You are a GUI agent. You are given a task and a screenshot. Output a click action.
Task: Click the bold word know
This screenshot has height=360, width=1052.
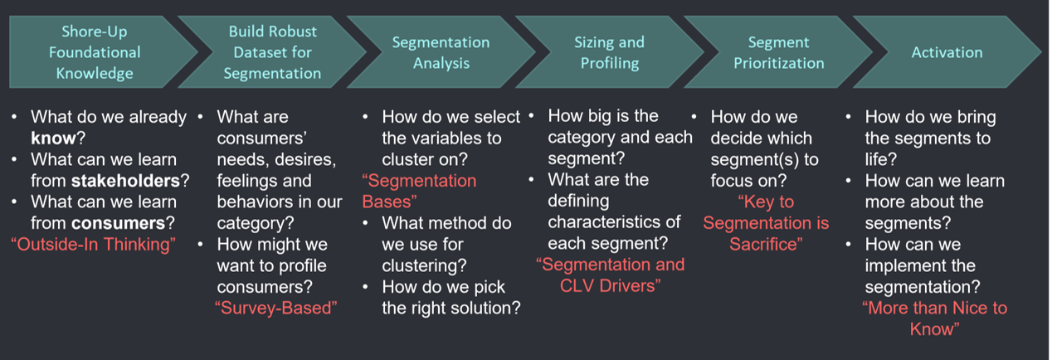coord(53,138)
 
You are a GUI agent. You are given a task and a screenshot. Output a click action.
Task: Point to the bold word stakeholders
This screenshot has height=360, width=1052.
coord(125,181)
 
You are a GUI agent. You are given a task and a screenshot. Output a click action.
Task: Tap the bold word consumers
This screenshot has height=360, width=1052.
coord(118,223)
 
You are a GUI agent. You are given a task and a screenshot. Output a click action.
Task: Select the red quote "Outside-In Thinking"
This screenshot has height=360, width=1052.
coord(93,245)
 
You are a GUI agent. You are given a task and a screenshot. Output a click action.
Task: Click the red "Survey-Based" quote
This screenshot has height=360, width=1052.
coord(276,308)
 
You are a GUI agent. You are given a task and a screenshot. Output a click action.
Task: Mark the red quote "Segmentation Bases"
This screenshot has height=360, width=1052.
coord(419,191)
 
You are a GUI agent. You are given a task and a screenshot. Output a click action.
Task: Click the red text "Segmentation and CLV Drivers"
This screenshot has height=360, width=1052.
coord(610,275)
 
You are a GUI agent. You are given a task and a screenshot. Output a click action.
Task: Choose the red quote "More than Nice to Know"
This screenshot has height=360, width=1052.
coord(934,319)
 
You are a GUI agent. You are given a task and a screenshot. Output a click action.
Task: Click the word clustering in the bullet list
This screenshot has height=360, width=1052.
coord(424,265)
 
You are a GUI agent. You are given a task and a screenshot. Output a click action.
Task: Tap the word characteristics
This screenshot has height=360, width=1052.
coord(614,221)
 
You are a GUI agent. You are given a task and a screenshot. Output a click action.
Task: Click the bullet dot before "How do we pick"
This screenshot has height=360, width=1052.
coord(365,286)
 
